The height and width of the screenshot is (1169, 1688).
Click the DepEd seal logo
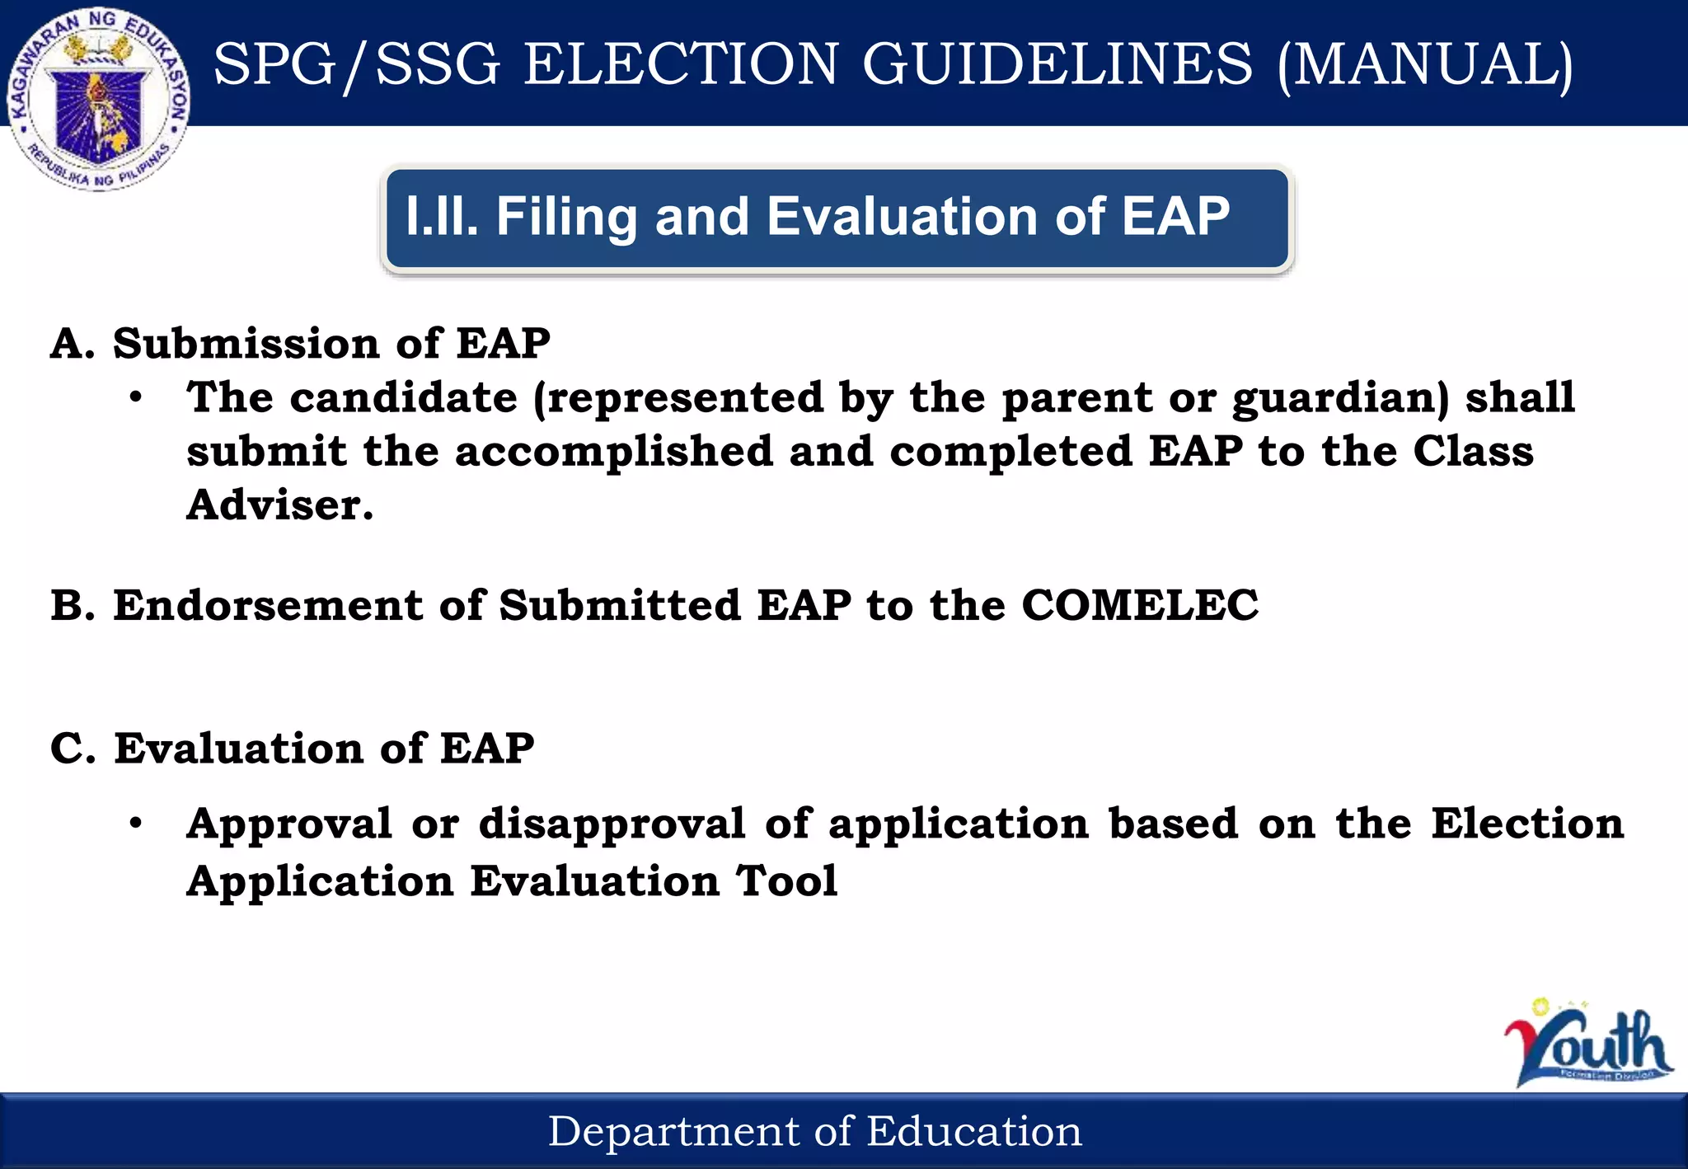click(99, 99)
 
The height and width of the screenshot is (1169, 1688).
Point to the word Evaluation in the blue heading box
click(903, 217)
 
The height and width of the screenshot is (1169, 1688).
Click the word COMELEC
click(1140, 605)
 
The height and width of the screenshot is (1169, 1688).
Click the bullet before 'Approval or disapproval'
click(136, 824)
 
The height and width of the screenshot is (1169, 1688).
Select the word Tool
click(787, 880)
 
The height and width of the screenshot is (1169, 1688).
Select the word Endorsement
click(268, 605)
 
